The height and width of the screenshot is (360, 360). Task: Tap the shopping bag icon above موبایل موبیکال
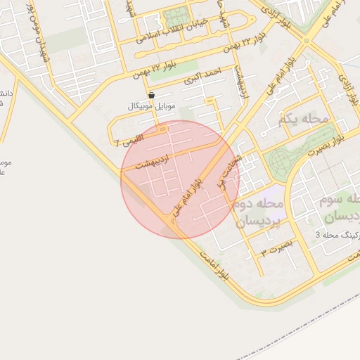[151, 94]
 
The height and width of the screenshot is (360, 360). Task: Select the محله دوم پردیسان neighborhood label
[257, 212]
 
